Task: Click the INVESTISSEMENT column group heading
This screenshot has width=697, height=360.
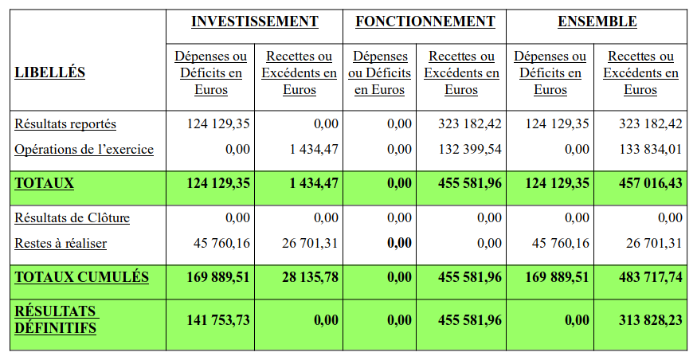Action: (x=255, y=22)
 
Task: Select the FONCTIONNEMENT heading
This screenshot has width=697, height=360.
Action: (x=425, y=22)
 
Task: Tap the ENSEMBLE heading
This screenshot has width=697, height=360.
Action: (x=597, y=22)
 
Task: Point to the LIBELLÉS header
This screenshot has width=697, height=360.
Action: (x=50, y=73)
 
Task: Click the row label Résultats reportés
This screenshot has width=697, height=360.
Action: (x=65, y=124)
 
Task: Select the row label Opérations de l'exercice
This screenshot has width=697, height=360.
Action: (x=84, y=150)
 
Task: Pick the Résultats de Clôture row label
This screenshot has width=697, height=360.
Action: (x=72, y=217)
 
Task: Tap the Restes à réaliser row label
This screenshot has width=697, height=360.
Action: (x=61, y=243)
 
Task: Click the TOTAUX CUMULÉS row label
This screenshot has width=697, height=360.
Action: (x=81, y=277)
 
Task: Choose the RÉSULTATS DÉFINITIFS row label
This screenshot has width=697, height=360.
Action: (x=56, y=319)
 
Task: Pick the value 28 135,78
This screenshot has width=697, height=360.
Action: (x=307, y=277)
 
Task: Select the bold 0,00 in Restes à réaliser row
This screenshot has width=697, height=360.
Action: (x=399, y=243)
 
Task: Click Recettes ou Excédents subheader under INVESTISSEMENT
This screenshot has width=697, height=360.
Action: (x=300, y=73)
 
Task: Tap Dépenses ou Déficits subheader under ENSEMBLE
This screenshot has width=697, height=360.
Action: (x=550, y=73)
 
